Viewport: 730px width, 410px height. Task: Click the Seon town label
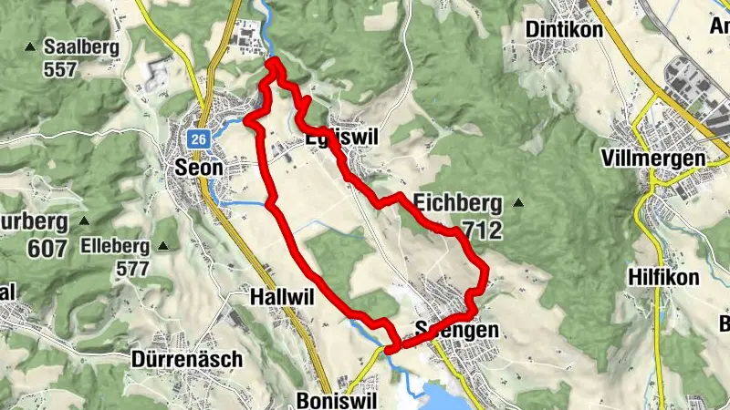198,168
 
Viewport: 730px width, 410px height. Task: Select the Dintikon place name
565,30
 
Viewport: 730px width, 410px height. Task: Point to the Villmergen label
654,159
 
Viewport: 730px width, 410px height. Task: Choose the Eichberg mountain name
457,202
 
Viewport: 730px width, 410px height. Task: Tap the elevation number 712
482,231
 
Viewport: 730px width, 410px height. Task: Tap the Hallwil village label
276,296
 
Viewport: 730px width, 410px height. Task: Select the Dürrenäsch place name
187,359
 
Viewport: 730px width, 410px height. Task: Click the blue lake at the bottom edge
439,395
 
